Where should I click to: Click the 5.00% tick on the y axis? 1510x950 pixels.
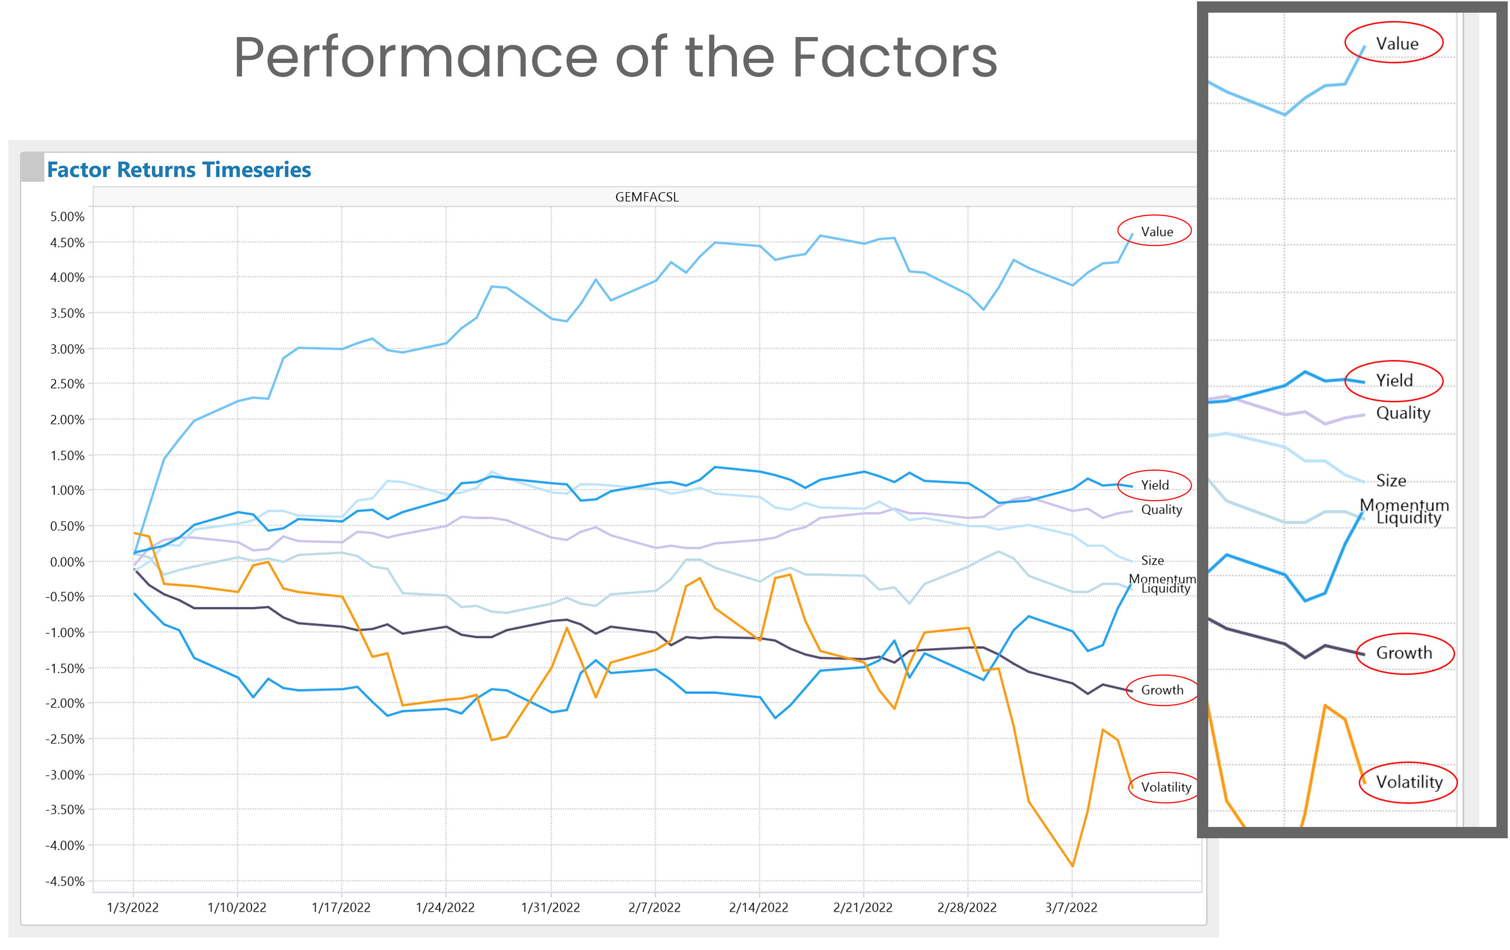pyautogui.click(x=67, y=216)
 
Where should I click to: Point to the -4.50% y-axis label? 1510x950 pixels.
pyautogui.click(x=65, y=881)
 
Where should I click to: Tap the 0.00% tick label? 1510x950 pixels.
pyautogui.click(x=67, y=562)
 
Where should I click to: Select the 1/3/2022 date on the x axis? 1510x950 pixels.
pyautogui.click(x=133, y=907)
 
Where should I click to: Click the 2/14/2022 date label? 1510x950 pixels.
pyautogui.click(x=758, y=907)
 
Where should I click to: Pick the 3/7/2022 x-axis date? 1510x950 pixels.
pyautogui.click(x=1071, y=907)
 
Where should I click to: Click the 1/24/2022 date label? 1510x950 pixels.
pyautogui.click(x=445, y=907)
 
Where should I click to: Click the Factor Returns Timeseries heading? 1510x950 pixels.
pyautogui.click(x=179, y=170)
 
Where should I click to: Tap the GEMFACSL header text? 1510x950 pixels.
pyautogui.click(x=646, y=197)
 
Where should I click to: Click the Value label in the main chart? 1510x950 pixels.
pyautogui.click(x=1156, y=231)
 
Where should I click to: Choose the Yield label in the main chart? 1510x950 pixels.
pyautogui.click(x=1154, y=484)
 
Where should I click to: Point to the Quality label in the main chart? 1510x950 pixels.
pyautogui.click(x=1161, y=509)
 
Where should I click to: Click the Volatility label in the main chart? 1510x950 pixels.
pyautogui.click(x=1166, y=787)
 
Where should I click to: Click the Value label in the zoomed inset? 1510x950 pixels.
pyautogui.click(x=1396, y=43)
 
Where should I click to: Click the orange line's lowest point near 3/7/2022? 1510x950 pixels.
pyautogui.click(x=1072, y=866)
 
